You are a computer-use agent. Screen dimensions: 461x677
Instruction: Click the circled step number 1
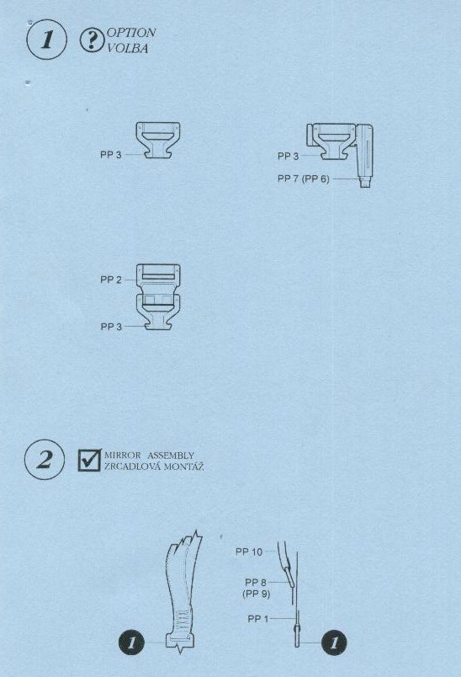pyautogui.click(x=46, y=40)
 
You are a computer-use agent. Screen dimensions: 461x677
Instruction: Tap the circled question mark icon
pyautogui.click(x=91, y=40)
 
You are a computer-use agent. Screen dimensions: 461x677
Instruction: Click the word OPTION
pyautogui.click(x=130, y=33)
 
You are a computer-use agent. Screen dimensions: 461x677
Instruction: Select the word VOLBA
pyautogui.click(x=127, y=48)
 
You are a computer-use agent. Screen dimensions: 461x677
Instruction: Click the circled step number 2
pyautogui.click(x=45, y=460)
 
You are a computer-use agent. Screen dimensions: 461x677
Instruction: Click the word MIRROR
pyautogui.click(x=123, y=455)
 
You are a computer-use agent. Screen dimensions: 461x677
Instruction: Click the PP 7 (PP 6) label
pyautogui.click(x=304, y=179)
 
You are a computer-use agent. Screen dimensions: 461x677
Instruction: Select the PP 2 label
pyautogui.click(x=111, y=280)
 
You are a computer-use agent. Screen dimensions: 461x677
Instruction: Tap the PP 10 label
pyautogui.click(x=249, y=552)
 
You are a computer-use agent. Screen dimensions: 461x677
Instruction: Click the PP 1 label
pyautogui.click(x=258, y=619)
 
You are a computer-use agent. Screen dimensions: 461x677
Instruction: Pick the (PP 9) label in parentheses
pyautogui.click(x=257, y=594)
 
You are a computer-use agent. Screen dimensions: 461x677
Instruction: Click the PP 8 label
pyautogui.click(x=257, y=583)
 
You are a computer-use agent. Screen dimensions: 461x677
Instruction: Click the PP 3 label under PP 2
pyautogui.click(x=111, y=327)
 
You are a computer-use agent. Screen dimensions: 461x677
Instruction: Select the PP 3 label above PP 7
pyautogui.click(x=288, y=156)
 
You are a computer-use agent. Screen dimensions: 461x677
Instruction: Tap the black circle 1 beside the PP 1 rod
pyautogui.click(x=334, y=642)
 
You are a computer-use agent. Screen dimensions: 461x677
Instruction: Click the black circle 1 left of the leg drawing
pyautogui.click(x=131, y=642)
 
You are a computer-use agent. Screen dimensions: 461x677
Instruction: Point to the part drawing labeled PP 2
pyautogui.click(x=158, y=279)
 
